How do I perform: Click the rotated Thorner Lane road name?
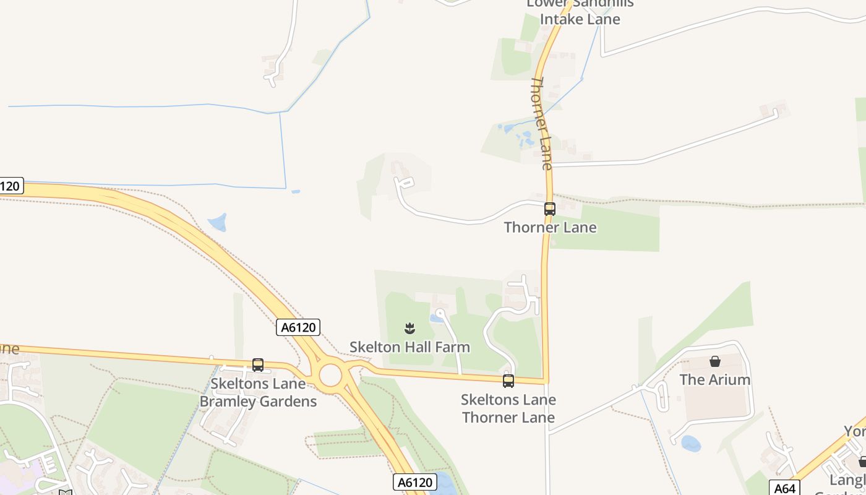(541, 124)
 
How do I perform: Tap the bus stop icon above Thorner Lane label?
(550, 209)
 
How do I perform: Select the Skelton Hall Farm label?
(409, 347)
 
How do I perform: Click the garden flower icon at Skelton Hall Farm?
(409, 328)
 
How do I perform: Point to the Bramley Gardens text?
(258, 402)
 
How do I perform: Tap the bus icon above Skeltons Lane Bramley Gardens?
(258, 365)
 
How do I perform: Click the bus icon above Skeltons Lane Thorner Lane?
(508, 381)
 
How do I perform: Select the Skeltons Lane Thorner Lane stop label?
(508, 408)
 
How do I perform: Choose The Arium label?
(715, 380)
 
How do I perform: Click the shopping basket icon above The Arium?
(715, 361)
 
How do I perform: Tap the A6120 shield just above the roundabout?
(298, 327)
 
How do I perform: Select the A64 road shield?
(784, 488)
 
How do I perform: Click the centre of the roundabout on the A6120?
(330, 375)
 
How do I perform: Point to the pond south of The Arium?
(690, 443)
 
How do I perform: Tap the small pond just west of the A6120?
(218, 222)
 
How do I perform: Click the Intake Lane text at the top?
(580, 19)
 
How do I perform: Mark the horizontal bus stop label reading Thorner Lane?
(550, 228)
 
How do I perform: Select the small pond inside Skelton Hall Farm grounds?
(437, 319)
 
